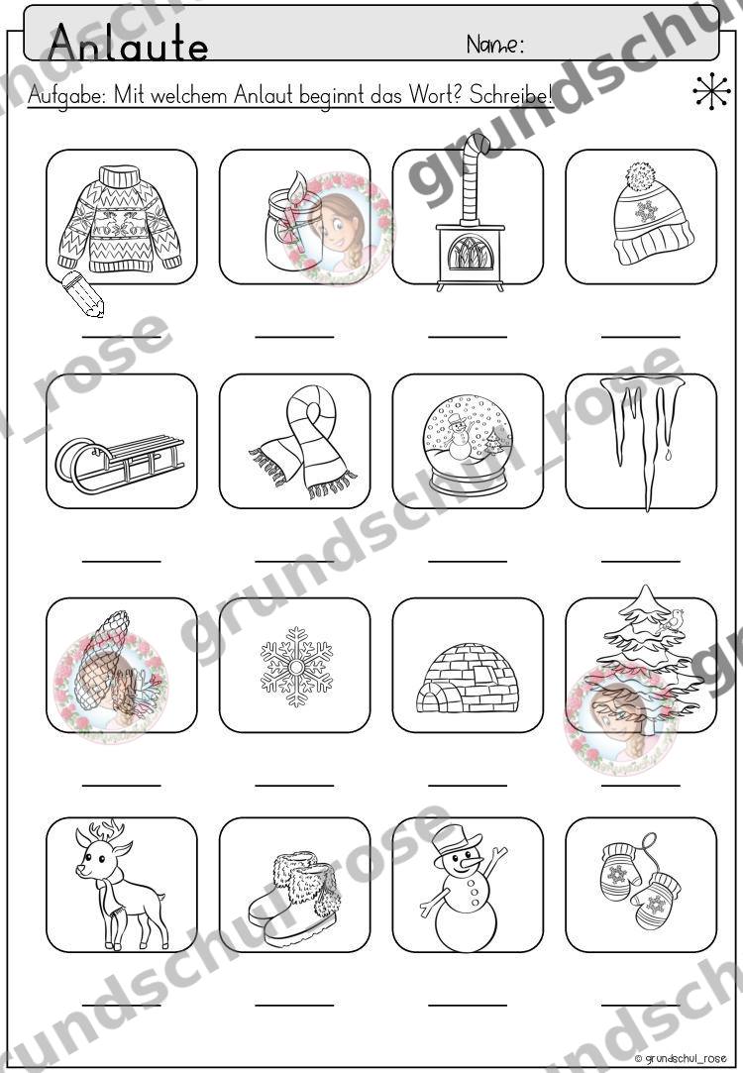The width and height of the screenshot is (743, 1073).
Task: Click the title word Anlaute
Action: [x=129, y=43]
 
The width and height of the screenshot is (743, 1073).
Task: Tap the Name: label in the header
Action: [x=495, y=45]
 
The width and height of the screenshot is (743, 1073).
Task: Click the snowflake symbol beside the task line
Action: [x=711, y=91]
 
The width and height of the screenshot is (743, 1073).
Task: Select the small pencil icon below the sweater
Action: [x=82, y=294]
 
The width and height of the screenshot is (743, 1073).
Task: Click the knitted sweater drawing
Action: [x=121, y=218]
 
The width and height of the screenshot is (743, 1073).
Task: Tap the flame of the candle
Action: [x=298, y=186]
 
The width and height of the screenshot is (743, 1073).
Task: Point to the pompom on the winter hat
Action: [x=641, y=176]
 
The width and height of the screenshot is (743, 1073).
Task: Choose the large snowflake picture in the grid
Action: [x=296, y=667]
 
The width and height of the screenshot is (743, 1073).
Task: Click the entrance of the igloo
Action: [x=431, y=700]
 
